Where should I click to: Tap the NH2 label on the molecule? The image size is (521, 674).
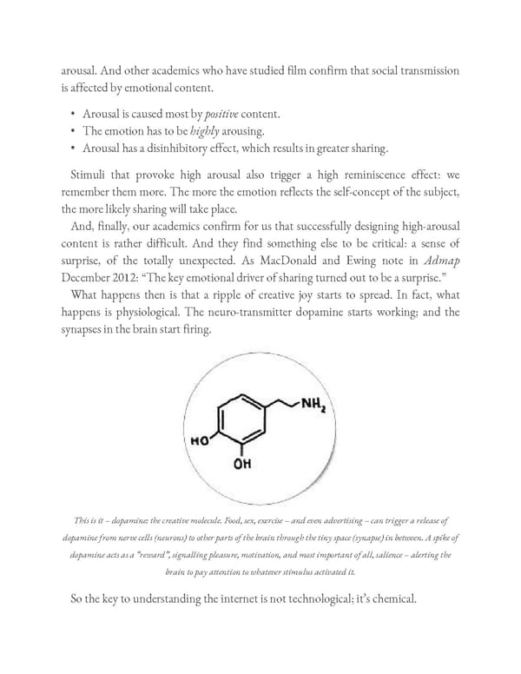[x=313, y=405]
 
